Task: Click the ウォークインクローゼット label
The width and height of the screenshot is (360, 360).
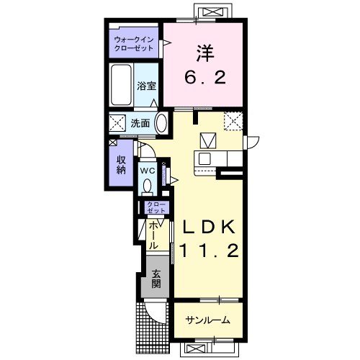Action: click(x=134, y=43)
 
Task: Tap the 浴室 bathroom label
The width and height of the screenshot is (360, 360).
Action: click(x=146, y=86)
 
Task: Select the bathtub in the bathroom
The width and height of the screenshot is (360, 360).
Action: click(x=122, y=85)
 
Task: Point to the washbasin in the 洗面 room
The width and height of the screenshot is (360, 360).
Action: click(x=161, y=123)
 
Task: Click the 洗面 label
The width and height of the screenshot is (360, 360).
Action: click(x=140, y=123)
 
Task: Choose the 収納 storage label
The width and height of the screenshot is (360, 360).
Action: click(x=121, y=165)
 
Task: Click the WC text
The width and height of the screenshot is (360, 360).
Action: click(x=148, y=171)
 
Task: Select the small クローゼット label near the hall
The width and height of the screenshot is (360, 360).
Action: click(x=156, y=207)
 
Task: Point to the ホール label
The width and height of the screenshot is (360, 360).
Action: click(x=154, y=235)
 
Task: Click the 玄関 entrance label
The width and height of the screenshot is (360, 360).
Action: click(x=156, y=279)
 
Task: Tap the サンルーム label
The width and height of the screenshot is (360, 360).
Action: click(x=208, y=320)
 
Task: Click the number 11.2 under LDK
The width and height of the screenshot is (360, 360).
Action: click(x=209, y=251)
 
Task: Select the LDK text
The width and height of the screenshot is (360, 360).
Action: click(x=209, y=227)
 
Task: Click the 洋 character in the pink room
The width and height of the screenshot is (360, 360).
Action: click(x=205, y=53)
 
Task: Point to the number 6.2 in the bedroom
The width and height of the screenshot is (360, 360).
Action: click(x=205, y=77)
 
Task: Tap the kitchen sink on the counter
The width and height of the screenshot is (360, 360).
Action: click(x=204, y=158)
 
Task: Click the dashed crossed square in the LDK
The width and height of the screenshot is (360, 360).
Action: click(x=233, y=121)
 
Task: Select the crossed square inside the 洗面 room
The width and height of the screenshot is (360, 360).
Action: click(x=117, y=123)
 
